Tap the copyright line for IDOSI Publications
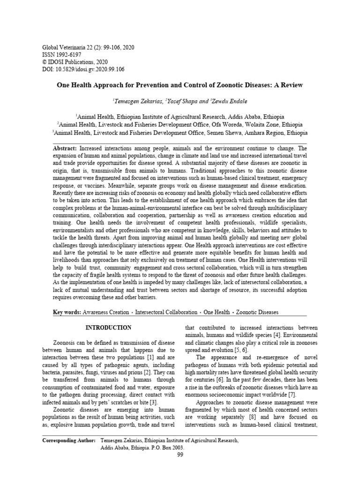(x=75, y=62)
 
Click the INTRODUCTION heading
(x=108, y=328)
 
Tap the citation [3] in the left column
(x=153, y=402)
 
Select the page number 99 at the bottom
(x=180, y=455)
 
